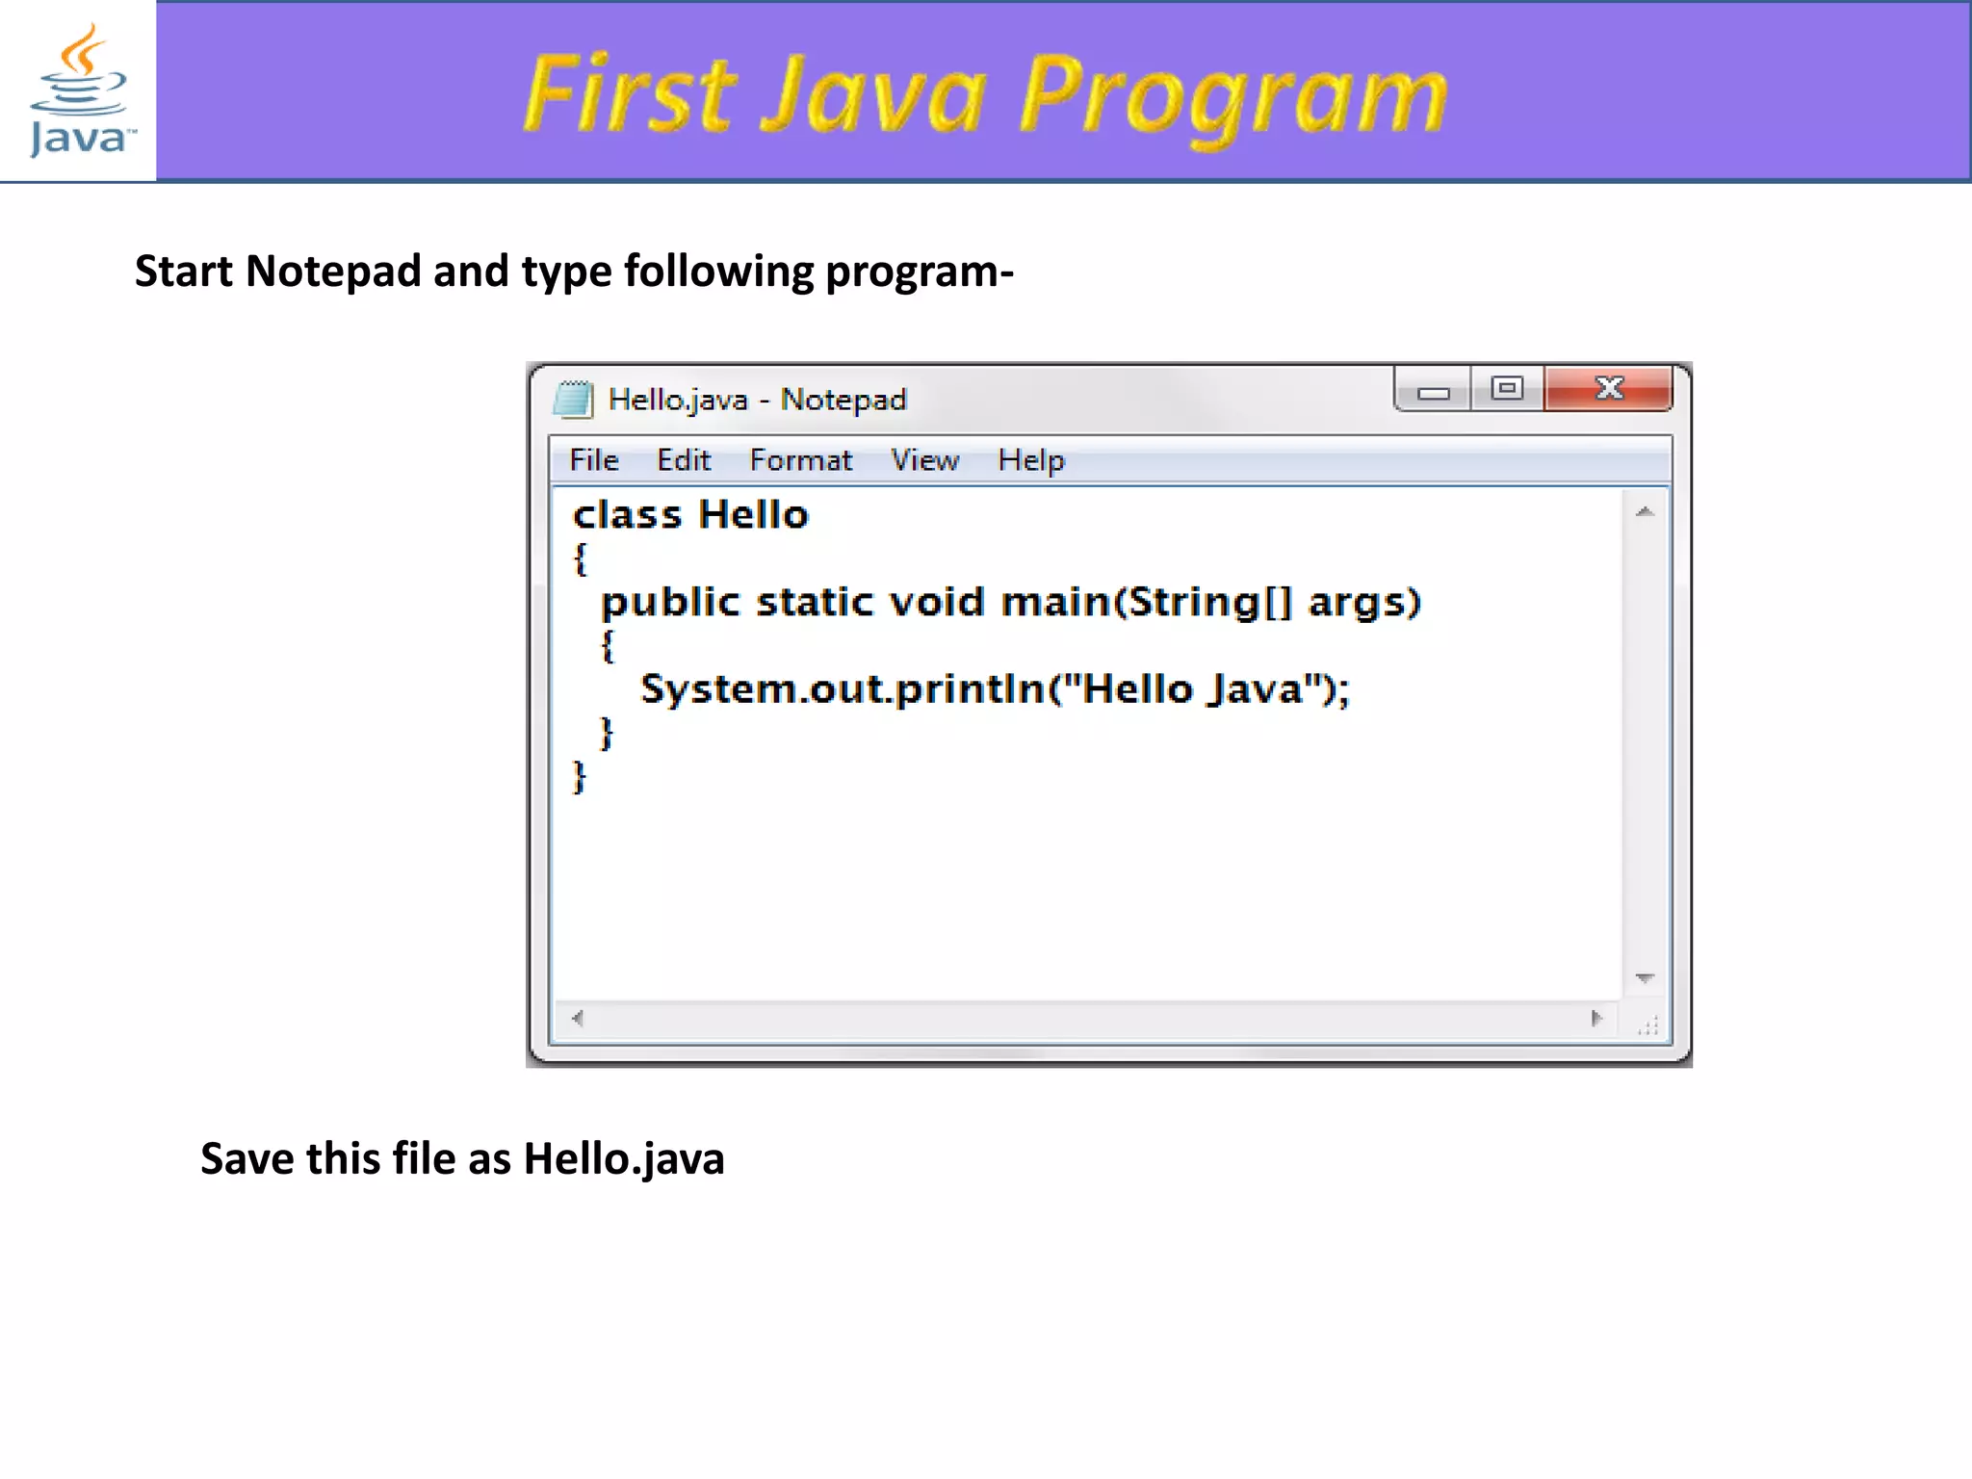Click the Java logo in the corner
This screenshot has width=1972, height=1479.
coord(78,91)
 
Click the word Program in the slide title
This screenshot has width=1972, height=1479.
coord(1232,96)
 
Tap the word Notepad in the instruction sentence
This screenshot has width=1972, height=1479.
coord(333,272)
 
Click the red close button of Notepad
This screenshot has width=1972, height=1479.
coord(1608,388)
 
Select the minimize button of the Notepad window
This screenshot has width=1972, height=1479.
coord(1433,390)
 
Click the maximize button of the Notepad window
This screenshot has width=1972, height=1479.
coord(1507,388)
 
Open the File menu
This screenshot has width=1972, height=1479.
coord(593,460)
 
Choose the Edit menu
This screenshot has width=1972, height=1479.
coord(683,460)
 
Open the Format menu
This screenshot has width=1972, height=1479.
coord(800,460)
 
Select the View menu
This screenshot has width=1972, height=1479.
coord(924,460)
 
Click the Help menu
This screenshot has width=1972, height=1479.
coord(1030,460)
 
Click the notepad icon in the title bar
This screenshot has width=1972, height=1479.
coord(574,399)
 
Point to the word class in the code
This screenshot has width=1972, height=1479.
coord(627,515)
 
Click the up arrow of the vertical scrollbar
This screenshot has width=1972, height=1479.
coord(1645,511)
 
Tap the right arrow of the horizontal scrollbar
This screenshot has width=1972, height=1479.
coord(1596,1018)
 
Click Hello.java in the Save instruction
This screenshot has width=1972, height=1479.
coord(623,1158)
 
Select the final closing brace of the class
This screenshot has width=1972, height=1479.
coord(579,776)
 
